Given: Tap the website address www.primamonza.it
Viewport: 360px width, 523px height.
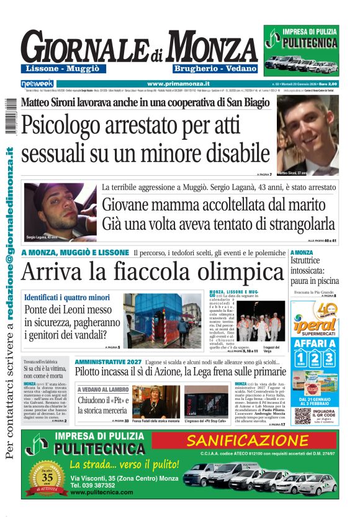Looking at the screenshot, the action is click(x=179, y=83).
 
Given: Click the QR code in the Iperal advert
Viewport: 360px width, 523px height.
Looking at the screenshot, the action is click(x=302, y=416).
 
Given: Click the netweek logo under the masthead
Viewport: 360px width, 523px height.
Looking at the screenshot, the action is click(x=37, y=83).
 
